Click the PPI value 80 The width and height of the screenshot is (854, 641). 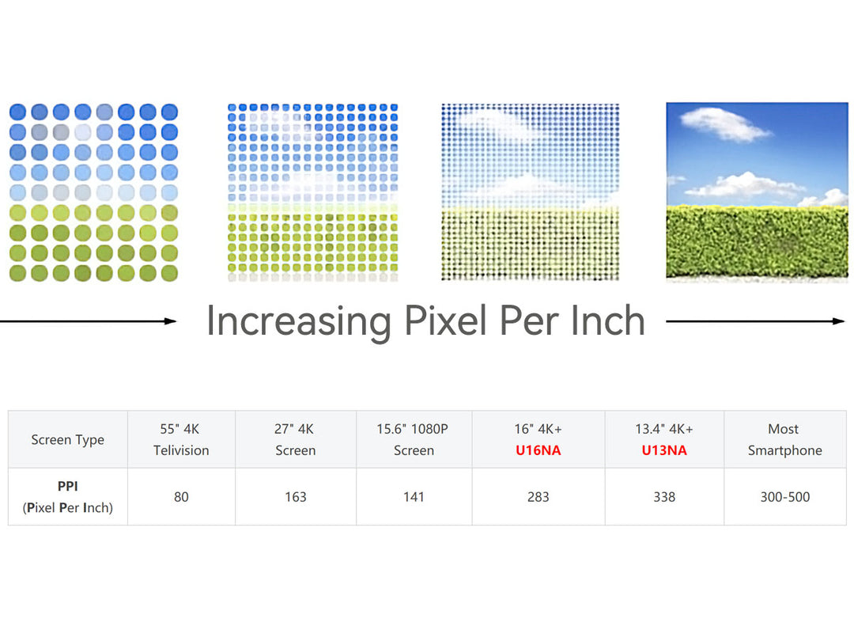coord(181,497)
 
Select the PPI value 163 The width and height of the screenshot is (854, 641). coord(296,497)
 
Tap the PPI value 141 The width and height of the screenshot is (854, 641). coord(414,497)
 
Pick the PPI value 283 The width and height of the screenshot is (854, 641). coord(538,497)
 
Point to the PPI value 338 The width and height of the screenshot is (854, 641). coord(664,497)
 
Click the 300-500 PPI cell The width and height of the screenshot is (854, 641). coord(785,497)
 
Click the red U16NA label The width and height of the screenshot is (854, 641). coord(538,450)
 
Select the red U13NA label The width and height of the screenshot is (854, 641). coord(664,450)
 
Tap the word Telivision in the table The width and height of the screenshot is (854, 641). coord(181,450)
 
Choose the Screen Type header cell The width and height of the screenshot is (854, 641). coord(67,440)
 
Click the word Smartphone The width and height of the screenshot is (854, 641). coord(785,450)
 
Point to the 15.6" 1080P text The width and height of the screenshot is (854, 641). coord(412,429)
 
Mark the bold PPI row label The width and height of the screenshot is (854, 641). coord(67,486)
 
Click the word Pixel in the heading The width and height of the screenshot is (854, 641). coord(445,320)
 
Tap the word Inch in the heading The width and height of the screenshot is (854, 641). coord(608,320)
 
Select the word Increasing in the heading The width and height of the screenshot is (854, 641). coord(299,321)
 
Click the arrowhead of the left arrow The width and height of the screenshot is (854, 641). coord(171,321)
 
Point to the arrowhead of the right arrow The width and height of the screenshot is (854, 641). coord(838,321)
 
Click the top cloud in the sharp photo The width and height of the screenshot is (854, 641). coord(724,124)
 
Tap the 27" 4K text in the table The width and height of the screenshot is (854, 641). coord(294,429)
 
